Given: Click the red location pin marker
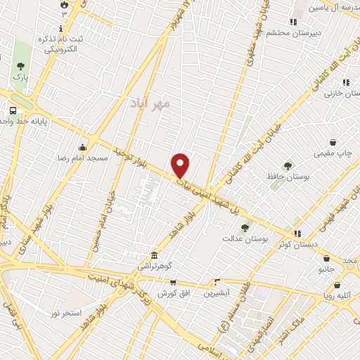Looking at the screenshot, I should (181, 166).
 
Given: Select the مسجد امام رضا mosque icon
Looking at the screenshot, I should (84, 147).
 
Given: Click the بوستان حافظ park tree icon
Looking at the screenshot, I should (288, 167).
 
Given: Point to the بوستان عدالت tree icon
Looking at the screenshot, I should (245, 228).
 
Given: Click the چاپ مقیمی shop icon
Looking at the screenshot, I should (333, 141).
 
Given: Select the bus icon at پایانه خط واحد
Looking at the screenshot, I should (12, 110).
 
